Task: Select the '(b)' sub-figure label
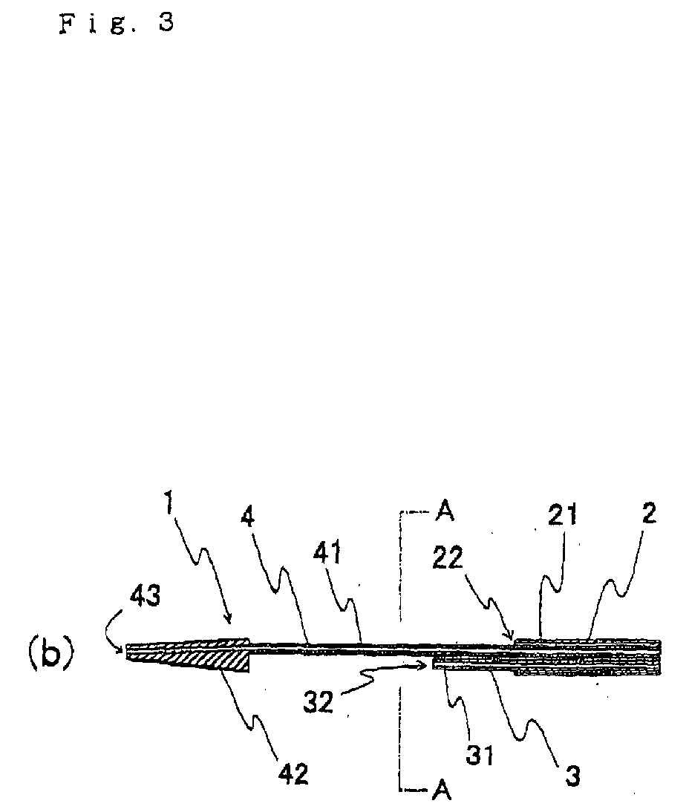click(50, 653)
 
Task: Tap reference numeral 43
click(145, 597)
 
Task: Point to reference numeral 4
click(248, 516)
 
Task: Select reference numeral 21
click(563, 515)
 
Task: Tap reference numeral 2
click(648, 513)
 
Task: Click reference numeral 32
click(318, 702)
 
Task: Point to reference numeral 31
click(479, 756)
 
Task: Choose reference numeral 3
click(572, 776)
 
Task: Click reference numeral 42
click(293, 774)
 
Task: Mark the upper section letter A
click(445, 511)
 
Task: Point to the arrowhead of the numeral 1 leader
click(228, 619)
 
